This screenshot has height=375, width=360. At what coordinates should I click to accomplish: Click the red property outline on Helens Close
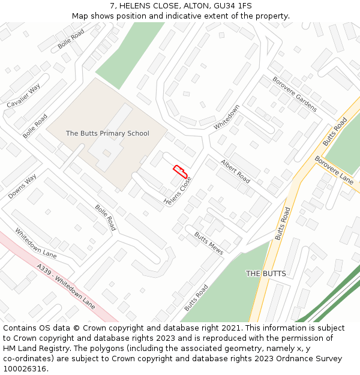pyautogui.click(x=180, y=172)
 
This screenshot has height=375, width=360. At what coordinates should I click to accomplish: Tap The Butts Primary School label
pyautogui.click(x=107, y=133)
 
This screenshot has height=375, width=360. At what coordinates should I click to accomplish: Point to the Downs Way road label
pyautogui.click(x=22, y=187)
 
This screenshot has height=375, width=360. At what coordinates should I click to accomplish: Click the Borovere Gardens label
pyautogui.click(x=294, y=94)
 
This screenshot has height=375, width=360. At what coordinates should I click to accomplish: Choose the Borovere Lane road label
pyautogui.click(x=334, y=170)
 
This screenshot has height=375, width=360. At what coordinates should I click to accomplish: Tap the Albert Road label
pyautogui.click(x=235, y=172)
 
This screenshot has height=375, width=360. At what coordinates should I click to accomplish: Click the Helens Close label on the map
pyautogui.click(x=178, y=193)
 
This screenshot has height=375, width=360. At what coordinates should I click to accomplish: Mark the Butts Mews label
pyautogui.click(x=209, y=243)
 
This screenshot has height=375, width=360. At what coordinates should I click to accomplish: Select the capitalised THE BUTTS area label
pyautogui.click(x=266, y=274)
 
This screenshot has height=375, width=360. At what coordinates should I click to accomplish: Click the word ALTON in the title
pyautogui.click(x=197, y=6)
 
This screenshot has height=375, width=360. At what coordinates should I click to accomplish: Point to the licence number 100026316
pyautogui.click(x=24, y=369)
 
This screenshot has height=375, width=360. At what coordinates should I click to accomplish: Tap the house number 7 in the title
pyautogui.click(x=112, y=6)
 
